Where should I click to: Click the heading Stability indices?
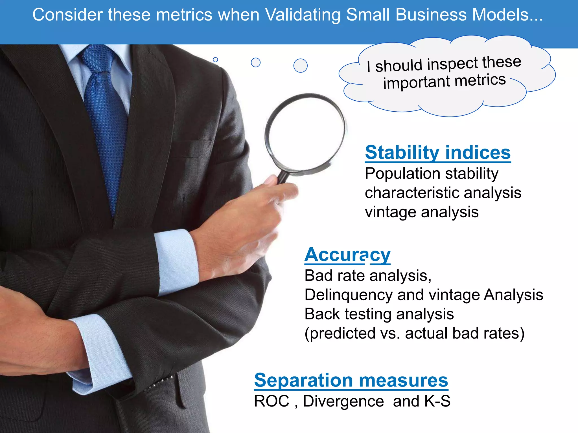tap(437, 153)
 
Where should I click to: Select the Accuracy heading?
tap(347, 255)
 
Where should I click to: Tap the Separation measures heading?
tap(351, 380)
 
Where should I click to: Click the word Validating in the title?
tap(303, 15)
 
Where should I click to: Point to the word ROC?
tap(272, 401)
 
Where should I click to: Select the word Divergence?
tap(343, 401)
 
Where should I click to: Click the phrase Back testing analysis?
tap(379, 314)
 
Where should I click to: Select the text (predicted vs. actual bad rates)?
tap(414, 333)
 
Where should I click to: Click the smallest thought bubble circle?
tap(215, 60)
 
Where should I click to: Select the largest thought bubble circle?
tap(300, 66)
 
